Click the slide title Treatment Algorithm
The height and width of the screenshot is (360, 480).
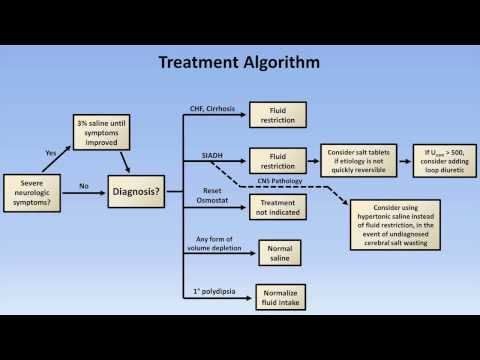pos(239,63)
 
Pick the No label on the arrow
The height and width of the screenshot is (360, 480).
pos(84,185)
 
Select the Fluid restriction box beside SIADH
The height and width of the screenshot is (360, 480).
pos(271,161)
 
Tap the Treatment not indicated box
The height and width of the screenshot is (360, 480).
pos(271,206)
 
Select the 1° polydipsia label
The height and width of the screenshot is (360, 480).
pos(211,289)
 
